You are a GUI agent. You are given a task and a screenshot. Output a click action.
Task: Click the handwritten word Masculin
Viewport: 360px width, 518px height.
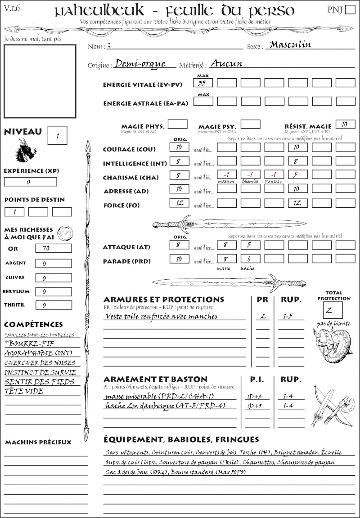290,45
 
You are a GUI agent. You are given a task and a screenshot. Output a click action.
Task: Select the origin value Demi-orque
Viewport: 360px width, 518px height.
140,64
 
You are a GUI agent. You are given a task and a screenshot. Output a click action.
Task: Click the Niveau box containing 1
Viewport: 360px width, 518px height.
58,135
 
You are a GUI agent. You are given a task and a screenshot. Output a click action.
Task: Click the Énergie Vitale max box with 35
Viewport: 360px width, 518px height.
203,83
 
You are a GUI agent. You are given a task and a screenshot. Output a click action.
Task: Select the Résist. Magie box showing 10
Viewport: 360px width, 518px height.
345,124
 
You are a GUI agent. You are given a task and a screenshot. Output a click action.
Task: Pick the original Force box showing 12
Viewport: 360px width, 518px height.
180,203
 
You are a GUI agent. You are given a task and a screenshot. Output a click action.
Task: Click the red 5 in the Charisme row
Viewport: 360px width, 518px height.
297,174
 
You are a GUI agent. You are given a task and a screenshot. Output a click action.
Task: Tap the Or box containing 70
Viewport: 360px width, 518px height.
53,248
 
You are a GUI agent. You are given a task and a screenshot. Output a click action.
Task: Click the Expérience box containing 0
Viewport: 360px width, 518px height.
30,182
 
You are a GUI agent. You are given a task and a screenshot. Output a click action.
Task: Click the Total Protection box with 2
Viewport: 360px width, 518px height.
333,310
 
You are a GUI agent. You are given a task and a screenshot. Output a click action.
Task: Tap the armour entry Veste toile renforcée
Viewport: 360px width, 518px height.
161,316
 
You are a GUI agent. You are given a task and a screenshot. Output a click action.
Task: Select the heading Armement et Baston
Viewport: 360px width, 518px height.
155,379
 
